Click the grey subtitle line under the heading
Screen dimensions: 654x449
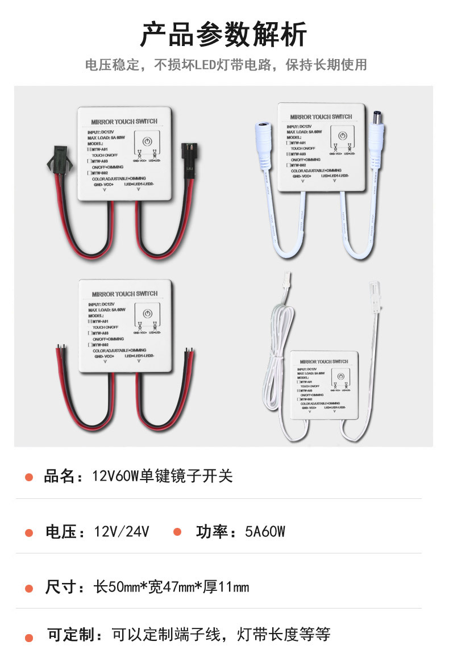click(226, 65)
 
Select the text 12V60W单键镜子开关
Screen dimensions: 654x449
click(163, 476)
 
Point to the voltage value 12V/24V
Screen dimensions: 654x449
click(122, 532)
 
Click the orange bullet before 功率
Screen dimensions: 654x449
click(177, 532)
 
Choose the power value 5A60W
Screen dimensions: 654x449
click(265, 532)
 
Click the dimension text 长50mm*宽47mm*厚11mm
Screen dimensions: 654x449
click(171, 587)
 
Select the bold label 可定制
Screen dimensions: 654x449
click(71, 635)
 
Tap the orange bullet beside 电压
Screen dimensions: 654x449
click(29, 532)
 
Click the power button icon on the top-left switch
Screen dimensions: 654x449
click(147, 140)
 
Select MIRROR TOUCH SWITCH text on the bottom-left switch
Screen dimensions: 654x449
click(124, 294)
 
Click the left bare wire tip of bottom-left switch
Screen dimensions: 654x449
click(60, 346)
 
